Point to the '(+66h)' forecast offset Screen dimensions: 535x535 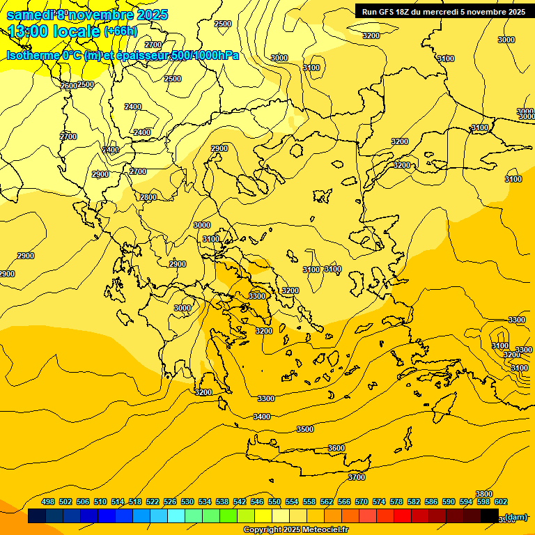coord(120,31)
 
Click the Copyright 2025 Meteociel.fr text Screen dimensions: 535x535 coord(295,530)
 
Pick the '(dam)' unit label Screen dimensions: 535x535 coord(515,517)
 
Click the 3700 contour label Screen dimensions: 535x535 coord(357,477)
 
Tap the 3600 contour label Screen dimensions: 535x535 coord(336,448)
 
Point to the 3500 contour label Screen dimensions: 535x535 coord(305,429)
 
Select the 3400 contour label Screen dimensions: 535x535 coord(262,417)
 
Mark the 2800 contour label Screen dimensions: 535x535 coord(148,197)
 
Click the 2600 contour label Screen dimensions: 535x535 coord(68,86)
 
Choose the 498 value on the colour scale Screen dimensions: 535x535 coord(48,502)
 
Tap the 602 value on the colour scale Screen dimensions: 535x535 coord(501,502)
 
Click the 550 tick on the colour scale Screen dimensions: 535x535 coord(274,502)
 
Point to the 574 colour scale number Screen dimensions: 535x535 coord(379,502)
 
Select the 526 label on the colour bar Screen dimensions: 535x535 coord(170,502)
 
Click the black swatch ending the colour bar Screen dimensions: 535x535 coord(490,516)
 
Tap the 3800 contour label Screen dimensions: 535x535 coord(484,494)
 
